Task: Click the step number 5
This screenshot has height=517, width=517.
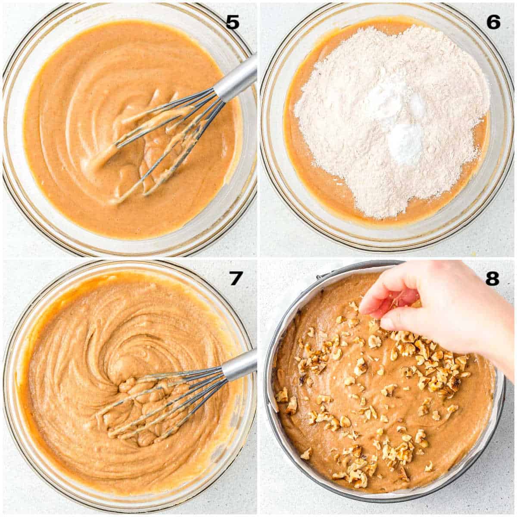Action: (x=232, y=22)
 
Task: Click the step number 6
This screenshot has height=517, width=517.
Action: (x=493, y=22)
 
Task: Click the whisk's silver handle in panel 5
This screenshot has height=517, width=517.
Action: (x=235, y=80)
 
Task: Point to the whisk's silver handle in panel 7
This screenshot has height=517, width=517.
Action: (x=239, y=366)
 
